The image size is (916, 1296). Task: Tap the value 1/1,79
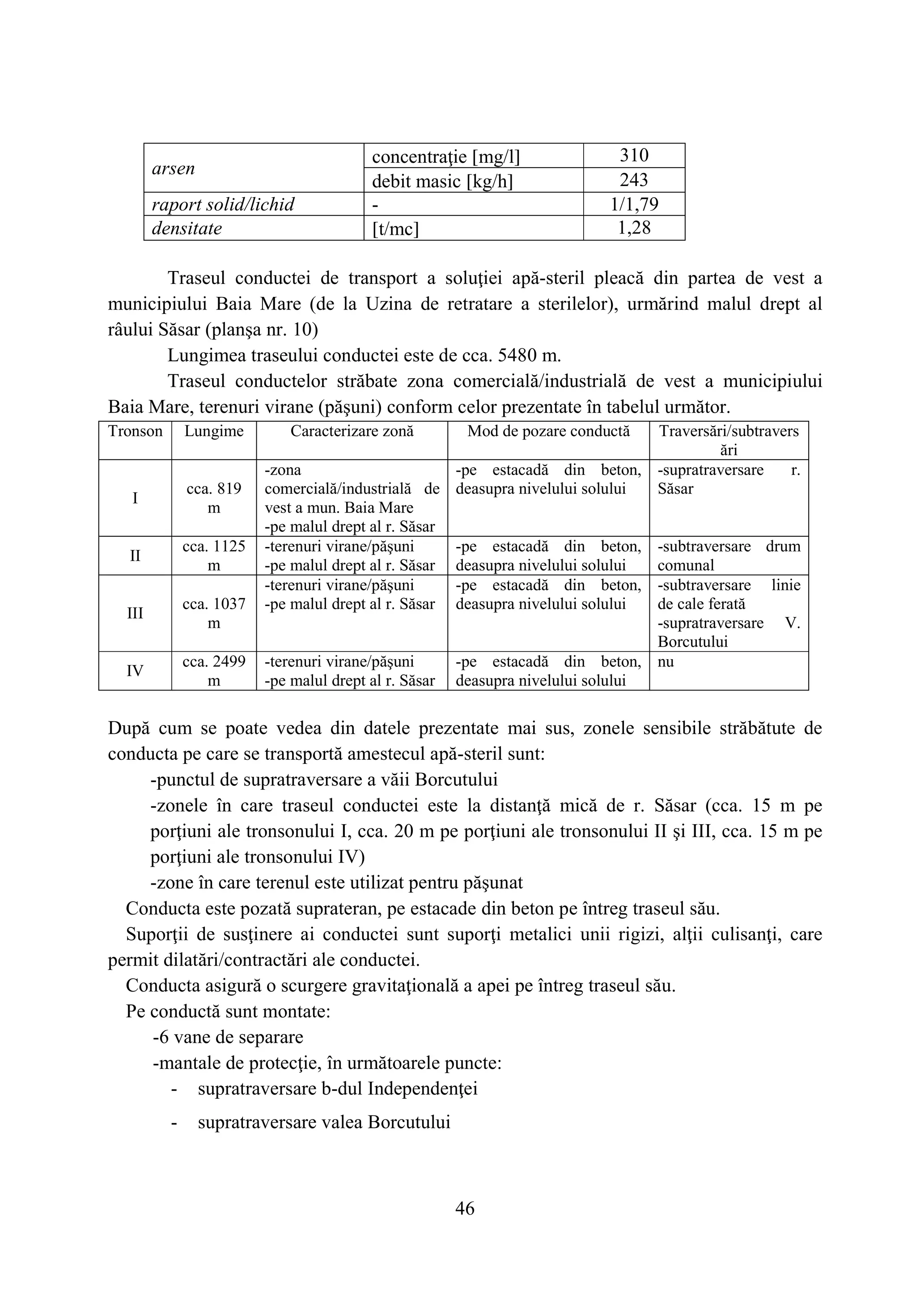pos(634,204)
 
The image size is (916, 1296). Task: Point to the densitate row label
pos(187,228)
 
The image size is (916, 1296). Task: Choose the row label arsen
pos(173,168)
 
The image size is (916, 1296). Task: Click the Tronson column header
pos(136,431)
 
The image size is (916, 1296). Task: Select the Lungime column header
pos(214,431)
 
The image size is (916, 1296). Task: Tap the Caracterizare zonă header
pos(352,431)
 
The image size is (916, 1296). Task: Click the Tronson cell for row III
pos(135,613)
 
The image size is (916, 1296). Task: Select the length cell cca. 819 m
pos(214,498)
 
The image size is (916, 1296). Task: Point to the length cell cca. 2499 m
pos(214,670)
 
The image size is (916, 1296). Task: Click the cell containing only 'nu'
pos(666,661)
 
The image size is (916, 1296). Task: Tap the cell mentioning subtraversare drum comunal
pos(728,555)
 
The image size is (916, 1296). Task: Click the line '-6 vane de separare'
pos(228,1037)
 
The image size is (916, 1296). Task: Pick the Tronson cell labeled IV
pos(135,670)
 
